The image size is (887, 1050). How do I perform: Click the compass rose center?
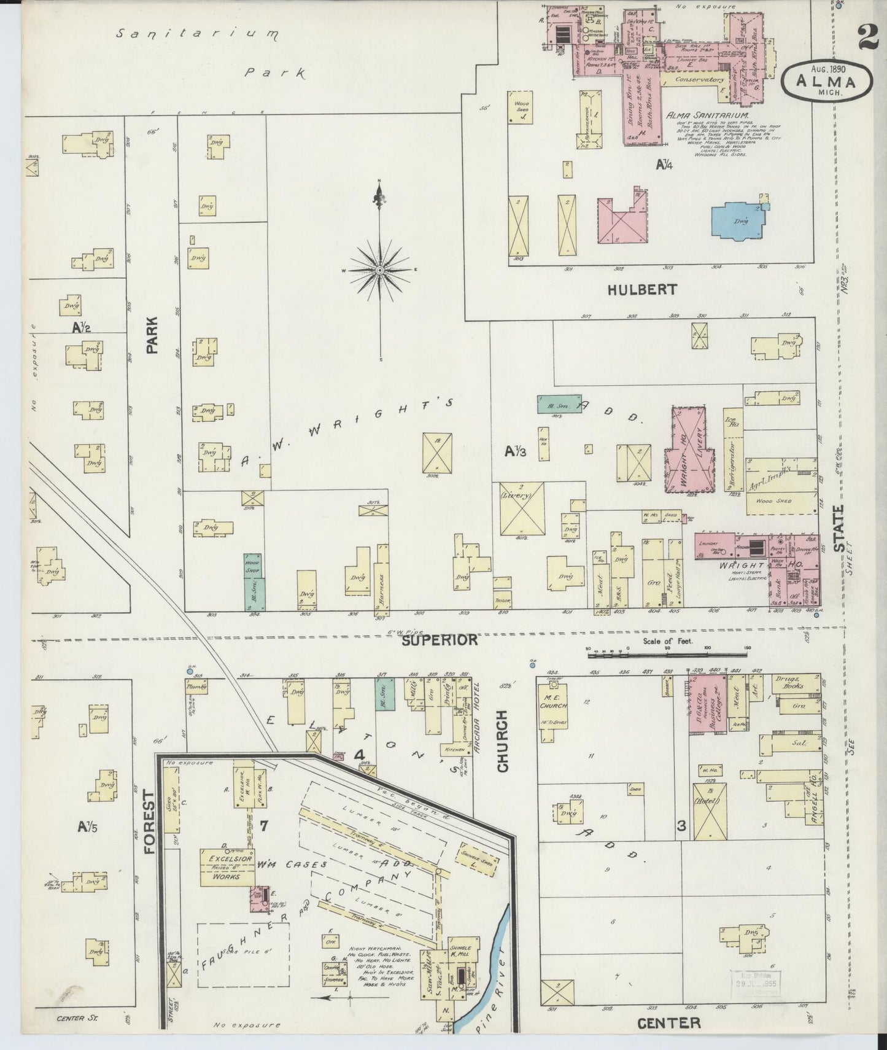coord(380,270)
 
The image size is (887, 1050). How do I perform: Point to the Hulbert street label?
coord(642,290)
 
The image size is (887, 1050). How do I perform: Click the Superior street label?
coord(440,640)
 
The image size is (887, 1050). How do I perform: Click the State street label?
coord(839,527)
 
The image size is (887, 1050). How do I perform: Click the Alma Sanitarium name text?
coord(707,114)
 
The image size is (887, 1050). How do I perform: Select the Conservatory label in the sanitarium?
coord(699,79)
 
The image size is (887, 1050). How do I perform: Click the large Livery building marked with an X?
coord(522,508)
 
